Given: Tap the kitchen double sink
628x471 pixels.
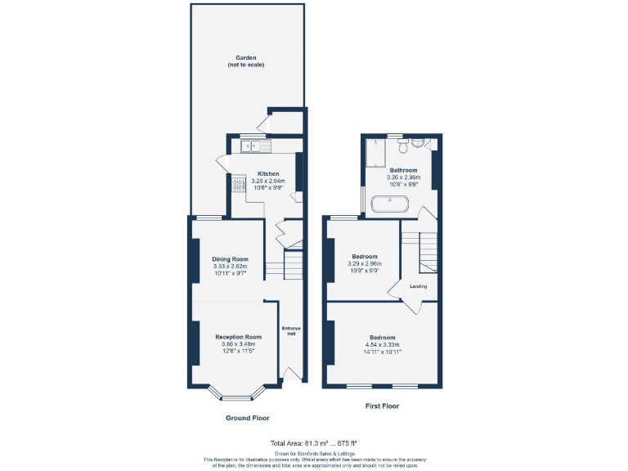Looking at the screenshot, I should pyautogui.click(x=256, y=146).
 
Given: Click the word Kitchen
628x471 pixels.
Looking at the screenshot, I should pyautogui.click(x=269, y=173).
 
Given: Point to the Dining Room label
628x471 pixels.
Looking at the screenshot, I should pyautogui.click(x=230, y=259).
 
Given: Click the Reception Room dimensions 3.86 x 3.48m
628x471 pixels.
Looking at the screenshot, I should pyautogui.click(x=238, y=344).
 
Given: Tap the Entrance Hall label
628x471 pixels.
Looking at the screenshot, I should pyautogui.click(x=291, y=330).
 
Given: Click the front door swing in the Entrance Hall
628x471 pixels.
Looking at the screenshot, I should pyautogui.click(x=289, y=374).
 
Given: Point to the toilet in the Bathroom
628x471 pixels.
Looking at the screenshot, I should pyautogui.click(x=402, y=146).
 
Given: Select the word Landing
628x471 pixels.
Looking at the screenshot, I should pyautogui.click(x=418, y=286).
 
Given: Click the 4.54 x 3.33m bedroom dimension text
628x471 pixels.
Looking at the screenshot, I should pyautogui.click(x=382, y=345).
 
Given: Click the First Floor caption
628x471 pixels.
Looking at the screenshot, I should pyautogui.click(x=381, y=406).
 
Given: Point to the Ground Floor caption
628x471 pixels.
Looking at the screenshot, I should pyautogui.click(x=247, y=417).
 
